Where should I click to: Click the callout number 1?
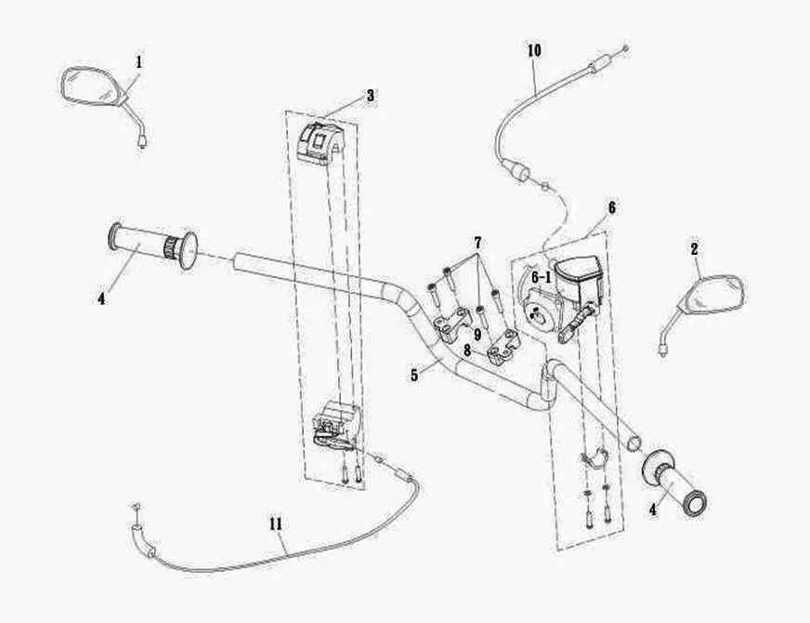click(138, 62)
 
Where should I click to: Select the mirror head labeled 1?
click(93, 86)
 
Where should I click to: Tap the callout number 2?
click(694, 249)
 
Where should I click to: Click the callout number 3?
click(370, 96)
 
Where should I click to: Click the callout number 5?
click(414, 375)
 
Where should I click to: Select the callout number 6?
click(612, 208)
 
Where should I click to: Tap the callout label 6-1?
click(542, 277)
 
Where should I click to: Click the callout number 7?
click(477, 242)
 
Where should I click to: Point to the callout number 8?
click(467, 351)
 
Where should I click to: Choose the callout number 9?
click(477, 335)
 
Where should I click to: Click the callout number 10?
click(534, 50)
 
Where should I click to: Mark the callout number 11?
click(277, 524)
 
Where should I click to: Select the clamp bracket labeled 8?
click(503, 348)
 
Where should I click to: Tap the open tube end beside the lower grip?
click(634, 443)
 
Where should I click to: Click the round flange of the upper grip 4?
click(188, 251)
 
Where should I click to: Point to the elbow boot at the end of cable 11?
click(143, 540)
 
